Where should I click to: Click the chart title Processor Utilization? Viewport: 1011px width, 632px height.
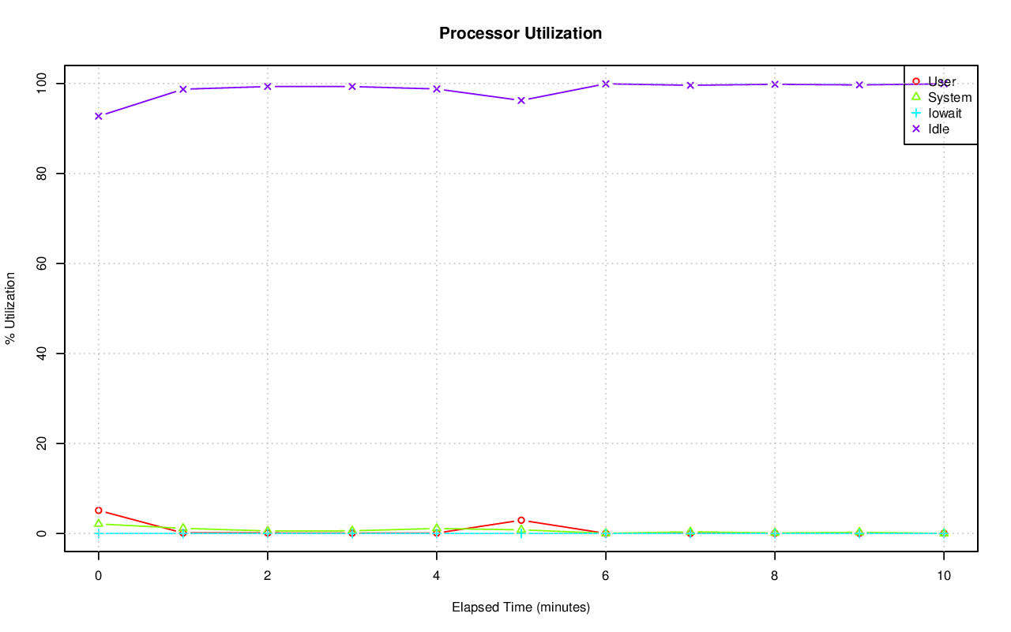coord(521,33)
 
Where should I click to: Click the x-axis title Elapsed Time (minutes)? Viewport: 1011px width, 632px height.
coord(521,608)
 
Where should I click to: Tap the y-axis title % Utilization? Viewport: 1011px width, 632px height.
coord(10,308)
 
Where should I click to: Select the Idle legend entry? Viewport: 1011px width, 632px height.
coord(938,129)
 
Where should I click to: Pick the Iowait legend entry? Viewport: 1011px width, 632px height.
coord(945,113)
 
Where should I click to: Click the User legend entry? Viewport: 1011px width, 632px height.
coord(941,81)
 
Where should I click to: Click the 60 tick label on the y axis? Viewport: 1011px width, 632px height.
coord(44,263)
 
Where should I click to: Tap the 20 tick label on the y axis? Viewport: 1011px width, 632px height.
coord(44,443)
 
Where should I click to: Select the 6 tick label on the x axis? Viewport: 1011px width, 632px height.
coord(606,576)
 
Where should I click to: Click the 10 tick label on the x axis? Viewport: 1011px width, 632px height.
coord(943,576)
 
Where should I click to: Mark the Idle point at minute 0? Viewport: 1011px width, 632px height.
coord(99,116)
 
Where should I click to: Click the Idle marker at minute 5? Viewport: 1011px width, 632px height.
coord(521,100)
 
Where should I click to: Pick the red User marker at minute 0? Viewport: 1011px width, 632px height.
coord(99,510)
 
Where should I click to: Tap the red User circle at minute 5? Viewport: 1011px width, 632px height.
coord(521,520)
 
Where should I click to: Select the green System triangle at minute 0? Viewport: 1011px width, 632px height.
coord(99,523)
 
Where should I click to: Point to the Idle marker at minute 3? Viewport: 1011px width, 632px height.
coord(352,86)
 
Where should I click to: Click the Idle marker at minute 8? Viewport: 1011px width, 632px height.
coord(775,84)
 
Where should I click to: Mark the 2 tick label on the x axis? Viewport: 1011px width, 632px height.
coord(268,576)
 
